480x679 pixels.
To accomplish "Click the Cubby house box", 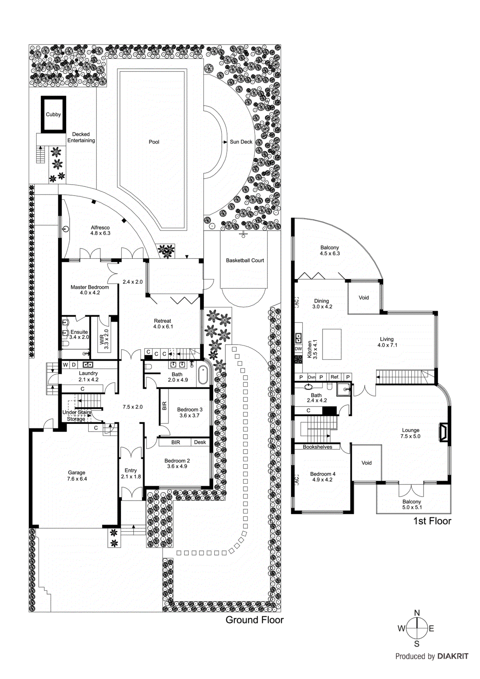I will (x=53, y=115).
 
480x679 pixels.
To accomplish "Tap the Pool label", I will (x=154, y=142).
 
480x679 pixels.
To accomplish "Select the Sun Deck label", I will (x=241, y=142).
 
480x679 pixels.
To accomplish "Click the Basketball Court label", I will (x=245, y=260).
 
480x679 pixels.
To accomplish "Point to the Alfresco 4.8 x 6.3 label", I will (x=100, y=230).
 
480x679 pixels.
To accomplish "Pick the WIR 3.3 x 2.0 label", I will (x=104, y=339).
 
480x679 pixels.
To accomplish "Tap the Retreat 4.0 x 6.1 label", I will (x=163, y=324).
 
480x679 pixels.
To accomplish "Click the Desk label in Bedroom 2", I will (x=200, y=442).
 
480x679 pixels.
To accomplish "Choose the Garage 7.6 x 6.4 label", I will (x=77, y=476).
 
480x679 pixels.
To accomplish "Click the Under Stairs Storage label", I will (x=76, y=415).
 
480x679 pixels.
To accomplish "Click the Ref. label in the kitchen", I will (x=335, y=377).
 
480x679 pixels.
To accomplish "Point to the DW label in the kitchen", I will (x=298, y=349).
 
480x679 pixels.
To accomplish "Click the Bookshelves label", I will (x=317, y=447).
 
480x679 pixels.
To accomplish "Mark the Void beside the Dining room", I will (x=364, y=297).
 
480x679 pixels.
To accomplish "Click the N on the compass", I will (x=417, y=613).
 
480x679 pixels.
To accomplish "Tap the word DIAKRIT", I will (x=453, y=657).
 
